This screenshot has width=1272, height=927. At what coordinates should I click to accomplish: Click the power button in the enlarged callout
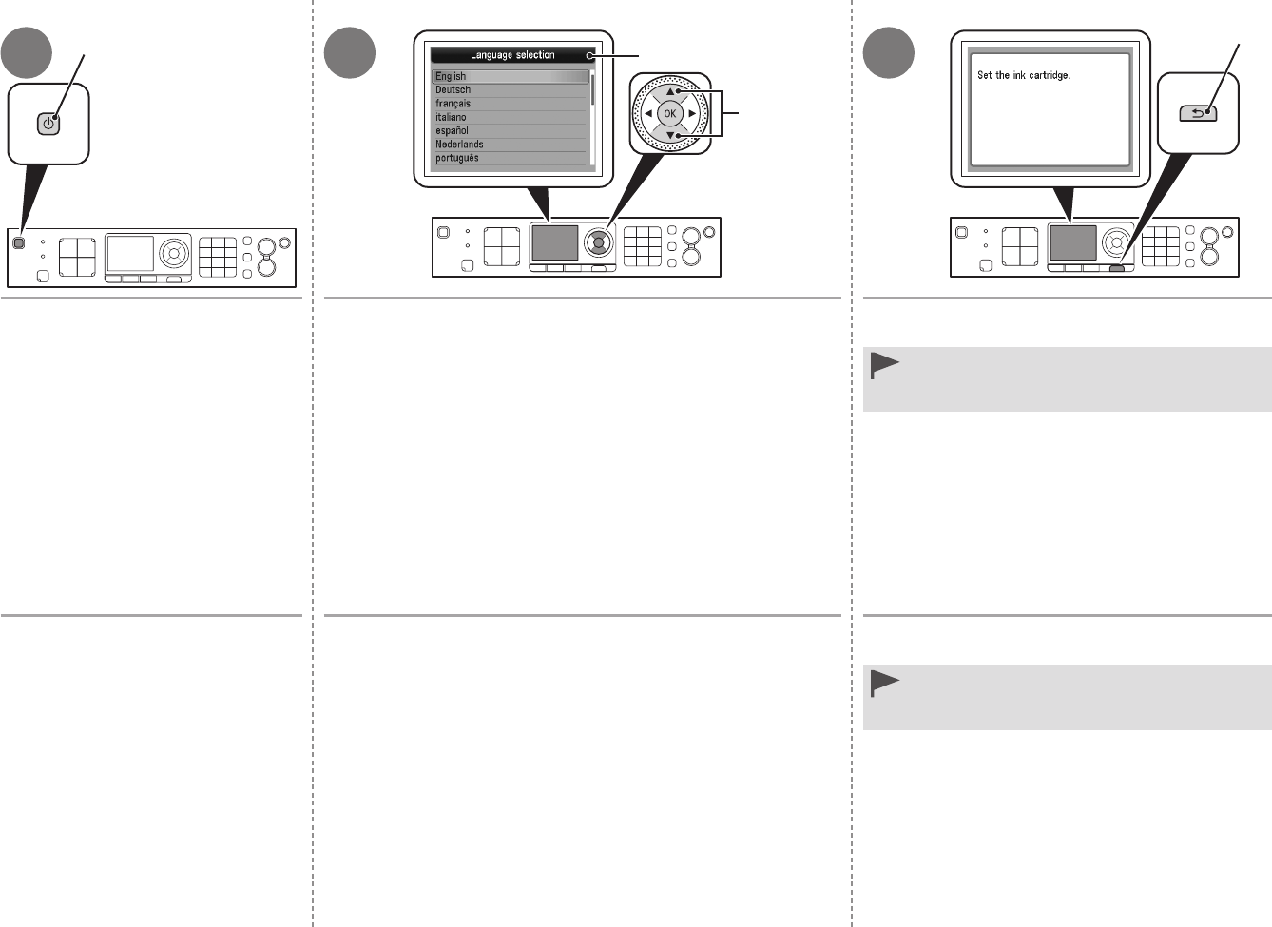[48, 123]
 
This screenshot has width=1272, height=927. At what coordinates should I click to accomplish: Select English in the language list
[452, 76]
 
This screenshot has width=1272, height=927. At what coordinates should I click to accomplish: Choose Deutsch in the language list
[453, 89]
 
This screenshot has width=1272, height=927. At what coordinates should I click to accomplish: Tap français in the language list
[453, 104]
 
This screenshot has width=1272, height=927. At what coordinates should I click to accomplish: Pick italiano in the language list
[452, 117]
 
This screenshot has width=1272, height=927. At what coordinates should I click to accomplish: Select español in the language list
[453, 130]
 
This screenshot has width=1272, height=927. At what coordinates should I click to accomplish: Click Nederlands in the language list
[460, 145]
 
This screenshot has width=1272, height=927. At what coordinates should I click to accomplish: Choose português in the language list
[457, 158]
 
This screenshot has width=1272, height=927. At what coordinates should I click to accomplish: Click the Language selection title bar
[512, 55]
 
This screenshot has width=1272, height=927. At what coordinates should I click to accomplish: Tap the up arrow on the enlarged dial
[670, 92]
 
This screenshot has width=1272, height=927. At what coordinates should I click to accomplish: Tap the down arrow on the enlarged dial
[670, 135]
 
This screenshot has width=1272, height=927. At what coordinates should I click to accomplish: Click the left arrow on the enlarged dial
[648, 114]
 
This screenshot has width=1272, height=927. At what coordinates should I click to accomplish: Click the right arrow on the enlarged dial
[692, 114]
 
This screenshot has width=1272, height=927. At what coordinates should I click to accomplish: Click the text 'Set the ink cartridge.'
[1024, 75]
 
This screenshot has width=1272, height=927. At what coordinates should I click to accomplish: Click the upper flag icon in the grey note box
[885, 365]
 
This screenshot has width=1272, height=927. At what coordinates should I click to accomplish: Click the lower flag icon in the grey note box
[885, 683]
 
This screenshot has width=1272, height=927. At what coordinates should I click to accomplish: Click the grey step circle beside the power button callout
[26, 53]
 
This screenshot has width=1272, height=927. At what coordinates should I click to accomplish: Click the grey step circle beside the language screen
[350, 53]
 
